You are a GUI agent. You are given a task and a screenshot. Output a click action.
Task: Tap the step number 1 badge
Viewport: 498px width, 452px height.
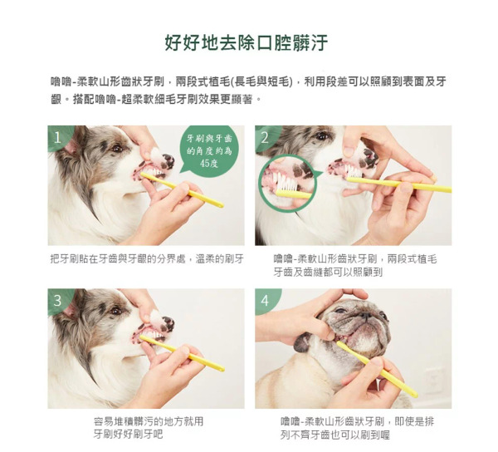57,138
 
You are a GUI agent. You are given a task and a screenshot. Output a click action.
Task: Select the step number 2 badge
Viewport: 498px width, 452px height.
266,138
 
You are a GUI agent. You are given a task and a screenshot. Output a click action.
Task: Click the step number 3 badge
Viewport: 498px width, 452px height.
57,301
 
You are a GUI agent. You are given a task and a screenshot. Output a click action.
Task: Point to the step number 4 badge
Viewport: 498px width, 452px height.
266,301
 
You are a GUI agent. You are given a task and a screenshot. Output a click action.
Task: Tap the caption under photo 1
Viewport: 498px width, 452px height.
146,259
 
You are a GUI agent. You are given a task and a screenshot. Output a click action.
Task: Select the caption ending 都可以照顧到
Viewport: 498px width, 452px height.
355,265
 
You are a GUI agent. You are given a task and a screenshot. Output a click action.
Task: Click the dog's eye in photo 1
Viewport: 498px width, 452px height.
115,149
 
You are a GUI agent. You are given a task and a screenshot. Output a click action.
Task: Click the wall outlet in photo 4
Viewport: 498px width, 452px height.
432,381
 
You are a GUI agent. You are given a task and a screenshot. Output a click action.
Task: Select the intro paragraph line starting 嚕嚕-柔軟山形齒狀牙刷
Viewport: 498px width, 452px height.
248,82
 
